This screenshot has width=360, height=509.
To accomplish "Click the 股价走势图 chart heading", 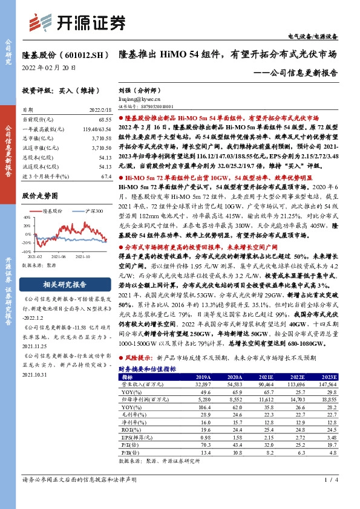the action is [x=40, y=197].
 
